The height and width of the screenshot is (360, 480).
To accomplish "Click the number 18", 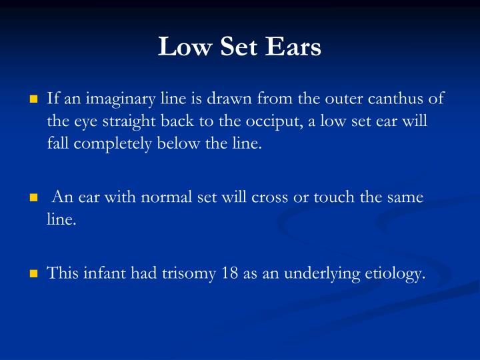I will [231, 273].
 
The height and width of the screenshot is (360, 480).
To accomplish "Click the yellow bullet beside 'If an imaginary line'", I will [34, 100].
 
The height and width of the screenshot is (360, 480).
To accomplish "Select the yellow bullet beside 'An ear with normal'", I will [34, 198].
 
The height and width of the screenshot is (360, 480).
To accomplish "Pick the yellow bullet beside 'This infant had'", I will [34, 273].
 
